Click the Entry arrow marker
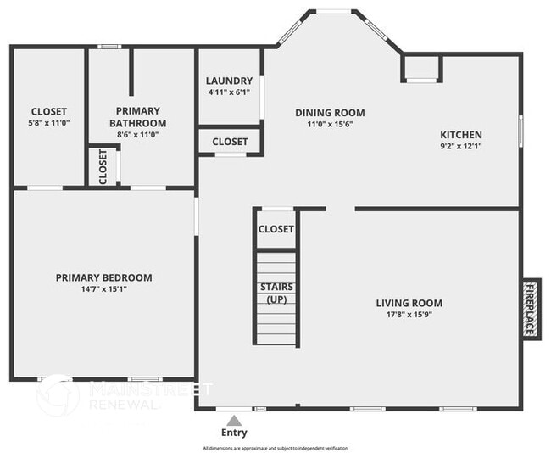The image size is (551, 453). click(x=235, y=419)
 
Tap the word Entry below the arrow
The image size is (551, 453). click(x=235, y=433)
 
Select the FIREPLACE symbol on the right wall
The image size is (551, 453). click(x=531, y=308)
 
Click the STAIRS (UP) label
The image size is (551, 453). click(x=276, y=294)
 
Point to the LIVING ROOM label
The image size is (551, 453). click(x=409, y=303)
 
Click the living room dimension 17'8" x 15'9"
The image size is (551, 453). click(x=409, y=314)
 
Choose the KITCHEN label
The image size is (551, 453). click(x=461, y=135)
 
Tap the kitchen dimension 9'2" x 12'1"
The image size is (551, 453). click(x=461, y=146)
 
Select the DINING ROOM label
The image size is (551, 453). click(x=330, y=113)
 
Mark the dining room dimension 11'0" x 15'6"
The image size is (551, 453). click(x=330, y=124)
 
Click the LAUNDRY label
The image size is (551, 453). click(x=230, y=81)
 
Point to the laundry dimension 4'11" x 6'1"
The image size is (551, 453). click(x=230, y=92)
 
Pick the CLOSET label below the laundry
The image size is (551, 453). click(x=230, y=142)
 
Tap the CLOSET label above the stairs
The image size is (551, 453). click(x=275, y=229)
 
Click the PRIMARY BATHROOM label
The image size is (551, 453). click(x=138, y=117)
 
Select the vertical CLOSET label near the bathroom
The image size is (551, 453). click(x=103, y=166)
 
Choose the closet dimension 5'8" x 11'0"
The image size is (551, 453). click(x=49, y=123)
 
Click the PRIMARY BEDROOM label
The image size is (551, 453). click(x=104, y=277)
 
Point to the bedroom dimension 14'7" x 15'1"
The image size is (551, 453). click(x=104, y=288)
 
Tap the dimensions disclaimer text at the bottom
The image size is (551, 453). click(x=275, y=448)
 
